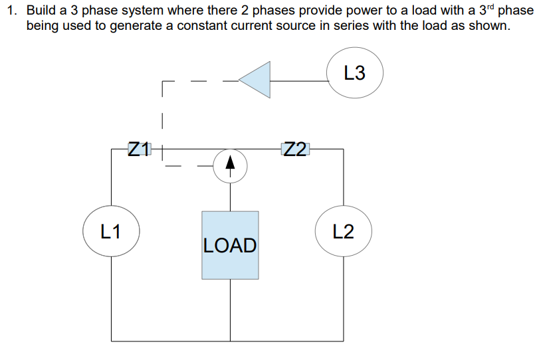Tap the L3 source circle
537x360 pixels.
point(355,73)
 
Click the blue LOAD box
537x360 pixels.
point(230,245)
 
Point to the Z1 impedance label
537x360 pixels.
point(140,149)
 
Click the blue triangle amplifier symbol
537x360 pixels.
point(256,80)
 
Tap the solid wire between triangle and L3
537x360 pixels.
point(299,80)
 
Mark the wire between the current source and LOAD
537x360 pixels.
point(230,196)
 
